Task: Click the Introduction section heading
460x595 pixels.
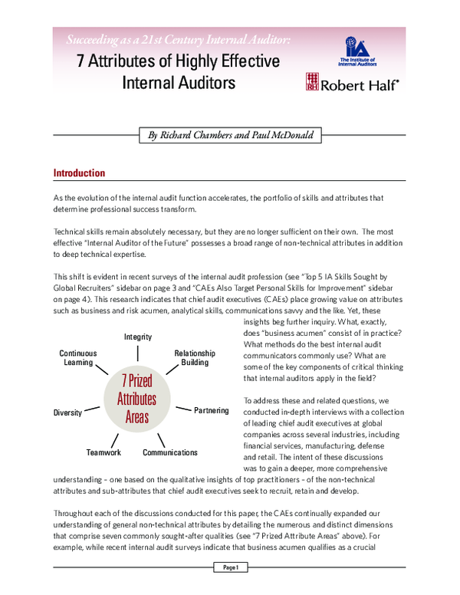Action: (x=79, y=173)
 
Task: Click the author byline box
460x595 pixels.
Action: (x=230, y=135)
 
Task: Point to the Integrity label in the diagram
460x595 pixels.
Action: (x=138, y=337)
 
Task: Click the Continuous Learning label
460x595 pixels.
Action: (x=77, y=357)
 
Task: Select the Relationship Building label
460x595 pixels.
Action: (x=195, y=357)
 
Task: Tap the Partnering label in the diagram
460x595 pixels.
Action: (x=211, y=410)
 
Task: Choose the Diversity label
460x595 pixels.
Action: (x=67, y=413)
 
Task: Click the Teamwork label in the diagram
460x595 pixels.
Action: (x=104, y=452)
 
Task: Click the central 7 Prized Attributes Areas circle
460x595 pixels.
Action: (x=136, y=399)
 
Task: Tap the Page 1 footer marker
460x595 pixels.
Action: (x=231, y=567)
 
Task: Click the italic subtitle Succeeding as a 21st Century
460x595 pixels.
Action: (x=176, y=39)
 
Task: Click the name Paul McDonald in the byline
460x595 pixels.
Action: (x=275, y=135)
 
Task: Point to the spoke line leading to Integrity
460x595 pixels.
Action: (x=138, y=352)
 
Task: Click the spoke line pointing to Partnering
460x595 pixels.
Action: (x=182, y=409)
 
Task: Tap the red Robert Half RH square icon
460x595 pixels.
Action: (x=311, y=82)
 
